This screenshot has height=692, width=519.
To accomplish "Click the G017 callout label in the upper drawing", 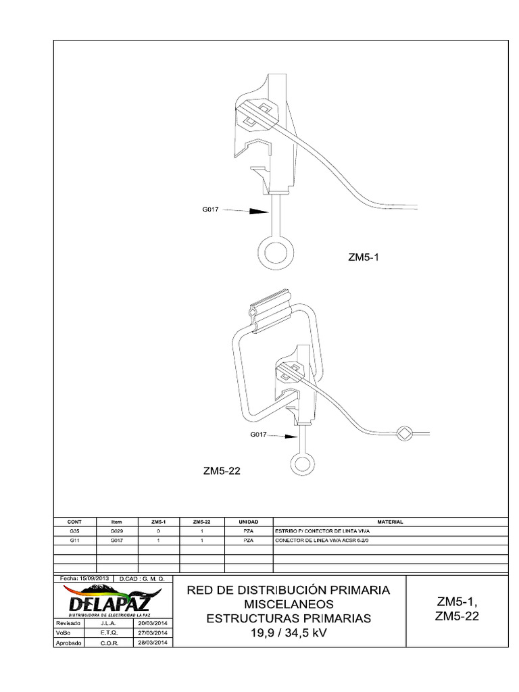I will [x=212, y=210].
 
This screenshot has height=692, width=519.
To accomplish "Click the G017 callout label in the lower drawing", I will [x=259, y=435].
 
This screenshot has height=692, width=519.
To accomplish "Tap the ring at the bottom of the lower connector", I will [x=301, y=464].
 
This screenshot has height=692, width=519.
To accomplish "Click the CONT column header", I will [x=74, y=522].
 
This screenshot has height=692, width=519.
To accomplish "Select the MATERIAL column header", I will [x=390, y=522].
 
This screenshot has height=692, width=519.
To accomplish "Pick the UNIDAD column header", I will [x=249, y=522].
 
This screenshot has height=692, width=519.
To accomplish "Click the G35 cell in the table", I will [x=74, y=532].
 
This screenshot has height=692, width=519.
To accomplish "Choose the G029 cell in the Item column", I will [x=117, y=532].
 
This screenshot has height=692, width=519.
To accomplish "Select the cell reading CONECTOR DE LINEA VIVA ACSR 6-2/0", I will [x=323, y=541].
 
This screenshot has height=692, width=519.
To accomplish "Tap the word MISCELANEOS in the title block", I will [x=289, y=603].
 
